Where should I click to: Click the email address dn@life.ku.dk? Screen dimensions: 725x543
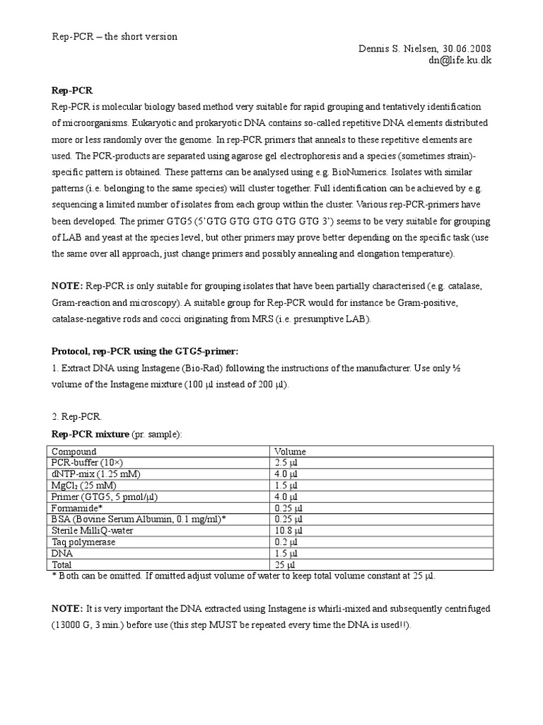pyautogui.click(x=460, y=60)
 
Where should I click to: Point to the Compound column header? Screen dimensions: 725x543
pyautogui.click(x=73, y=451)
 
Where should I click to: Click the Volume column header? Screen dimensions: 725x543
pyautogui.click(x=290, y=451)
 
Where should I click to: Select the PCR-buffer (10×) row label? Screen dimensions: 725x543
pyautogui.click(x=83, y=462)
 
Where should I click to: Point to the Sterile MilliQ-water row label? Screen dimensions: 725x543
pyautogui.click(x=93, y=530)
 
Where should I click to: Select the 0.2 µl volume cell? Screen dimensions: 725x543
pyautogui.click(x=286, y=542)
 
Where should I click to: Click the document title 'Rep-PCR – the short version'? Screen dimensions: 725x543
pyautogui.click(x=115, y=37)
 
